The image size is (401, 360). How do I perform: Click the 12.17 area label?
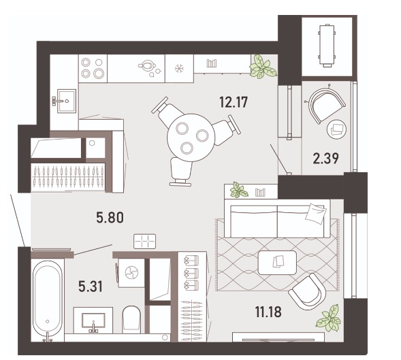pos(234,102)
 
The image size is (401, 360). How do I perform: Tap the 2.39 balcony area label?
pos(326,159)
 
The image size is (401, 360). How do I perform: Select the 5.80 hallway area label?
pos(110,218)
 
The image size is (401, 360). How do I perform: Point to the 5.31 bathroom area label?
pos(91,287)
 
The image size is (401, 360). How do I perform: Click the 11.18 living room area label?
pos(268,312)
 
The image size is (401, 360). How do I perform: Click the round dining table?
pos(191,137)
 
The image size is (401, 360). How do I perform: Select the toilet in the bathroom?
pos(131,319)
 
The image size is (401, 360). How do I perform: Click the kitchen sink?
pos(66,101)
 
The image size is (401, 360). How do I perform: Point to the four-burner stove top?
pos(93,68)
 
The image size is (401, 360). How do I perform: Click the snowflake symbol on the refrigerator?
pos(179,69)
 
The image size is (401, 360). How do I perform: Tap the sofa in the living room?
pos(277,218)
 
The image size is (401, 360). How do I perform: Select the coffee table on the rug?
pos(278,262)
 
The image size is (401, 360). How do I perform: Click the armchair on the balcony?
pos(326,105)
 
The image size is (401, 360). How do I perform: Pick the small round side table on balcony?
pos(336,129)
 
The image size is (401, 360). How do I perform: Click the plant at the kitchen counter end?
pos(263,66)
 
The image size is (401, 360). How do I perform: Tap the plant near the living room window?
pos(329,318)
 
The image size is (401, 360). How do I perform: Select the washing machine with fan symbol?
pos(131,273)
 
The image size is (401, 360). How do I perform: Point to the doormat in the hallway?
pos(145,241)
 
